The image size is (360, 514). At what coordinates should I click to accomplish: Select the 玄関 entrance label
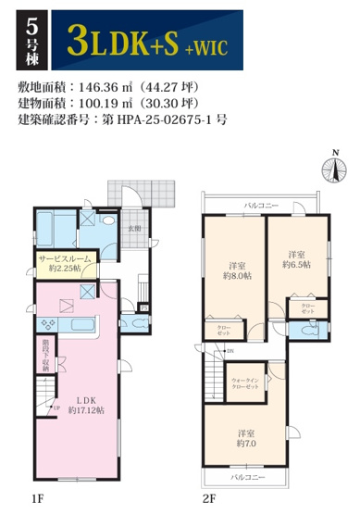(x=134, y=226)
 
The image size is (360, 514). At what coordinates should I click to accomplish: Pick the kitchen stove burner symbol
(x=49, y=325)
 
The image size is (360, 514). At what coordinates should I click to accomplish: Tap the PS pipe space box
(x=143, y=307)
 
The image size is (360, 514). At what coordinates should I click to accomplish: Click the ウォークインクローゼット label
(x=247, y=382)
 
